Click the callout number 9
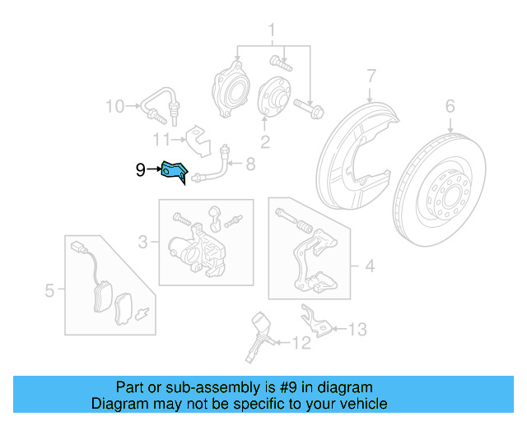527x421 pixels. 141,170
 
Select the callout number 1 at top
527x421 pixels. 269,32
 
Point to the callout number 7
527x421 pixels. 371,76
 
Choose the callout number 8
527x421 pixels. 250,165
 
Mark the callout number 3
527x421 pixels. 143,242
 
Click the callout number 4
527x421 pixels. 369,266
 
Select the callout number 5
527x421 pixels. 49,289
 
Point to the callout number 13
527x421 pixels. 357,330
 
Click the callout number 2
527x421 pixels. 265,141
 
